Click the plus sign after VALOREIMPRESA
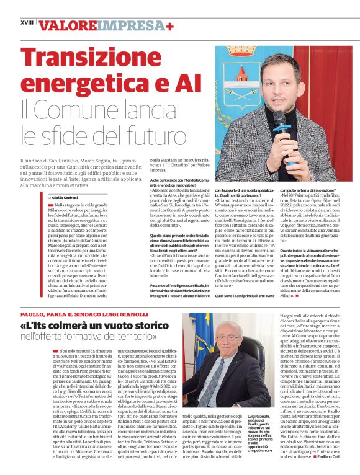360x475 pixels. tap(170, 25)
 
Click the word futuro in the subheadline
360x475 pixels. tap(149, 133)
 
